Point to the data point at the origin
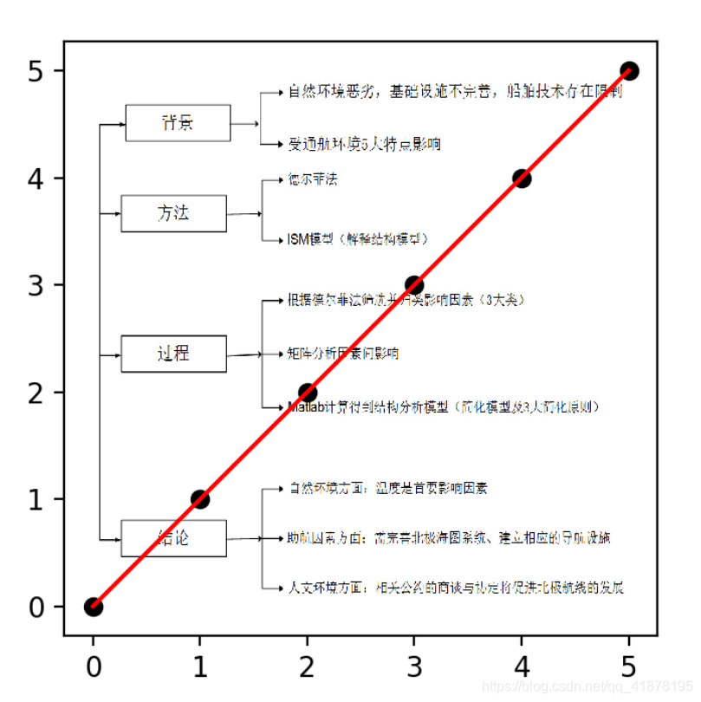(x=93, y=607)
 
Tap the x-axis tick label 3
(x=414, y=667)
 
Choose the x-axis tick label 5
(x=629, y=667)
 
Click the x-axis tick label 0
(x=93, y=667)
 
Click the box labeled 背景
(x=178, y=123)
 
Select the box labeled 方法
(x=173, y=213)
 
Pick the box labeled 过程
(x=173, y=354)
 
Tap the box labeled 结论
(x=173, y=538)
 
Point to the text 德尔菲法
(x=313, y=179)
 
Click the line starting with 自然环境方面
(x=387, y=488)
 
